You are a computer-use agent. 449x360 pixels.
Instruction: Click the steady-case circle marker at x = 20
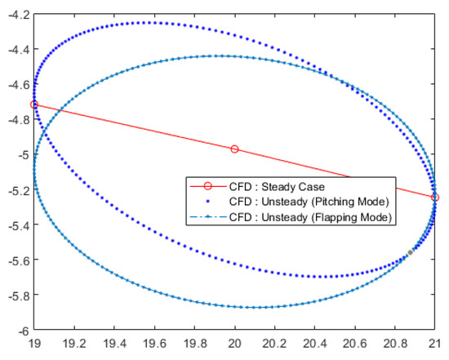tap(235, 149)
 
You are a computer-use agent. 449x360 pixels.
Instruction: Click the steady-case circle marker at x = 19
tap(34, 104)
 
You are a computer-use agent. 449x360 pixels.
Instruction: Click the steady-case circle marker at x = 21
tap(435, 198)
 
